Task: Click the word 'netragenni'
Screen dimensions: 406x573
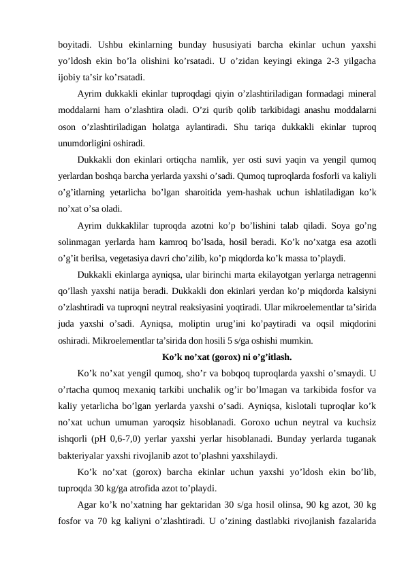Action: (x=356, y=276)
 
